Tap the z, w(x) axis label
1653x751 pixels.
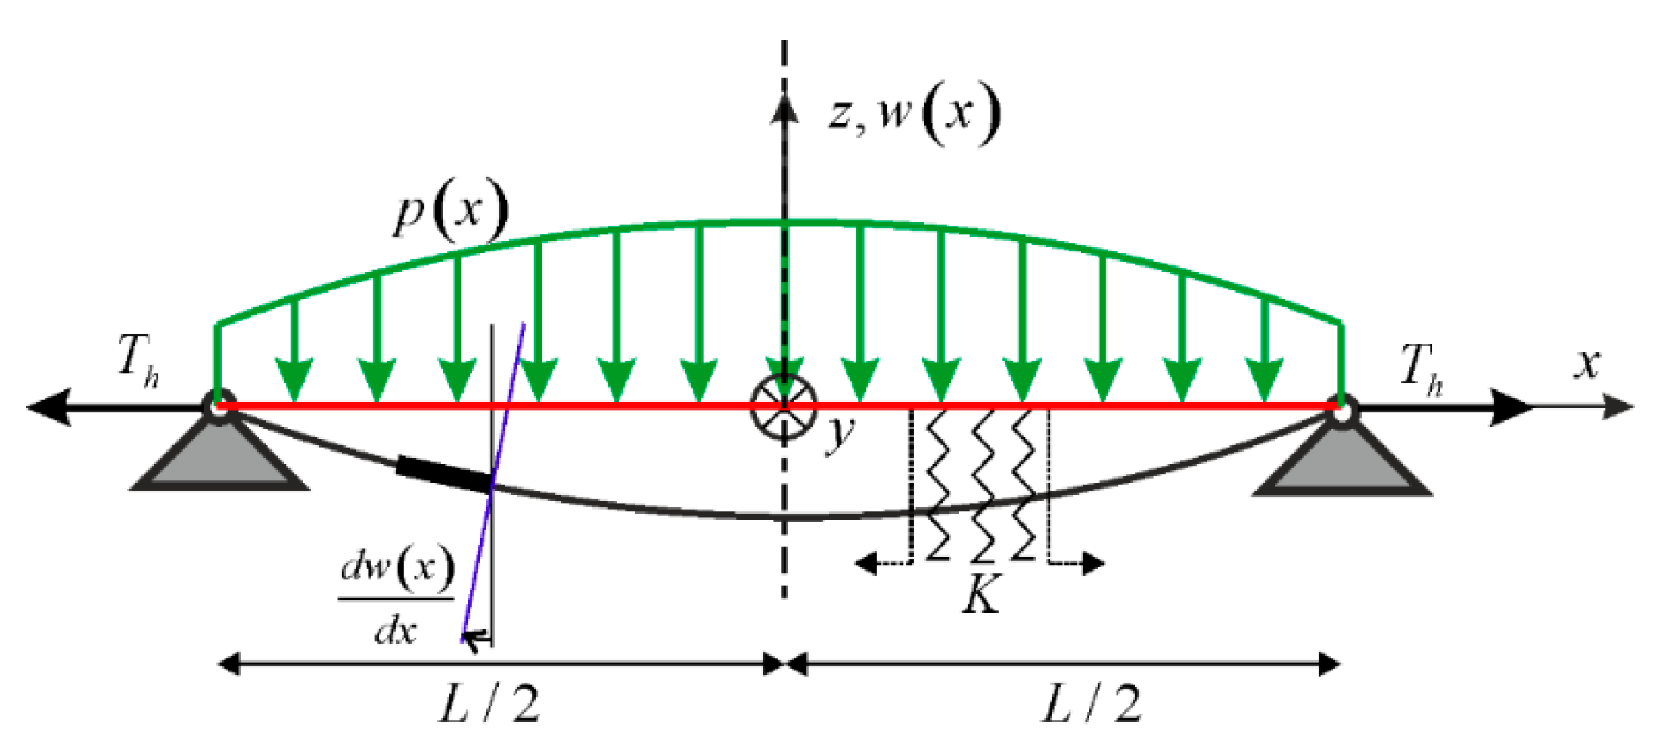pyautogui.click(x=913, y=116)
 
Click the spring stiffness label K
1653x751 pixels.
pyautogui.click(x=981, y=594)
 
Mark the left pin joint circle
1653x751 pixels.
pyautogui.click(x=219, y=407)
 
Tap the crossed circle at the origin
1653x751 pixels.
pyautogui.click(x=785, y=406)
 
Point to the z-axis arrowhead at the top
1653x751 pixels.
pyautogui.click(x=785, y=106)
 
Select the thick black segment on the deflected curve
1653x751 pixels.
pyautogui.click(x=443, y=474)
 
